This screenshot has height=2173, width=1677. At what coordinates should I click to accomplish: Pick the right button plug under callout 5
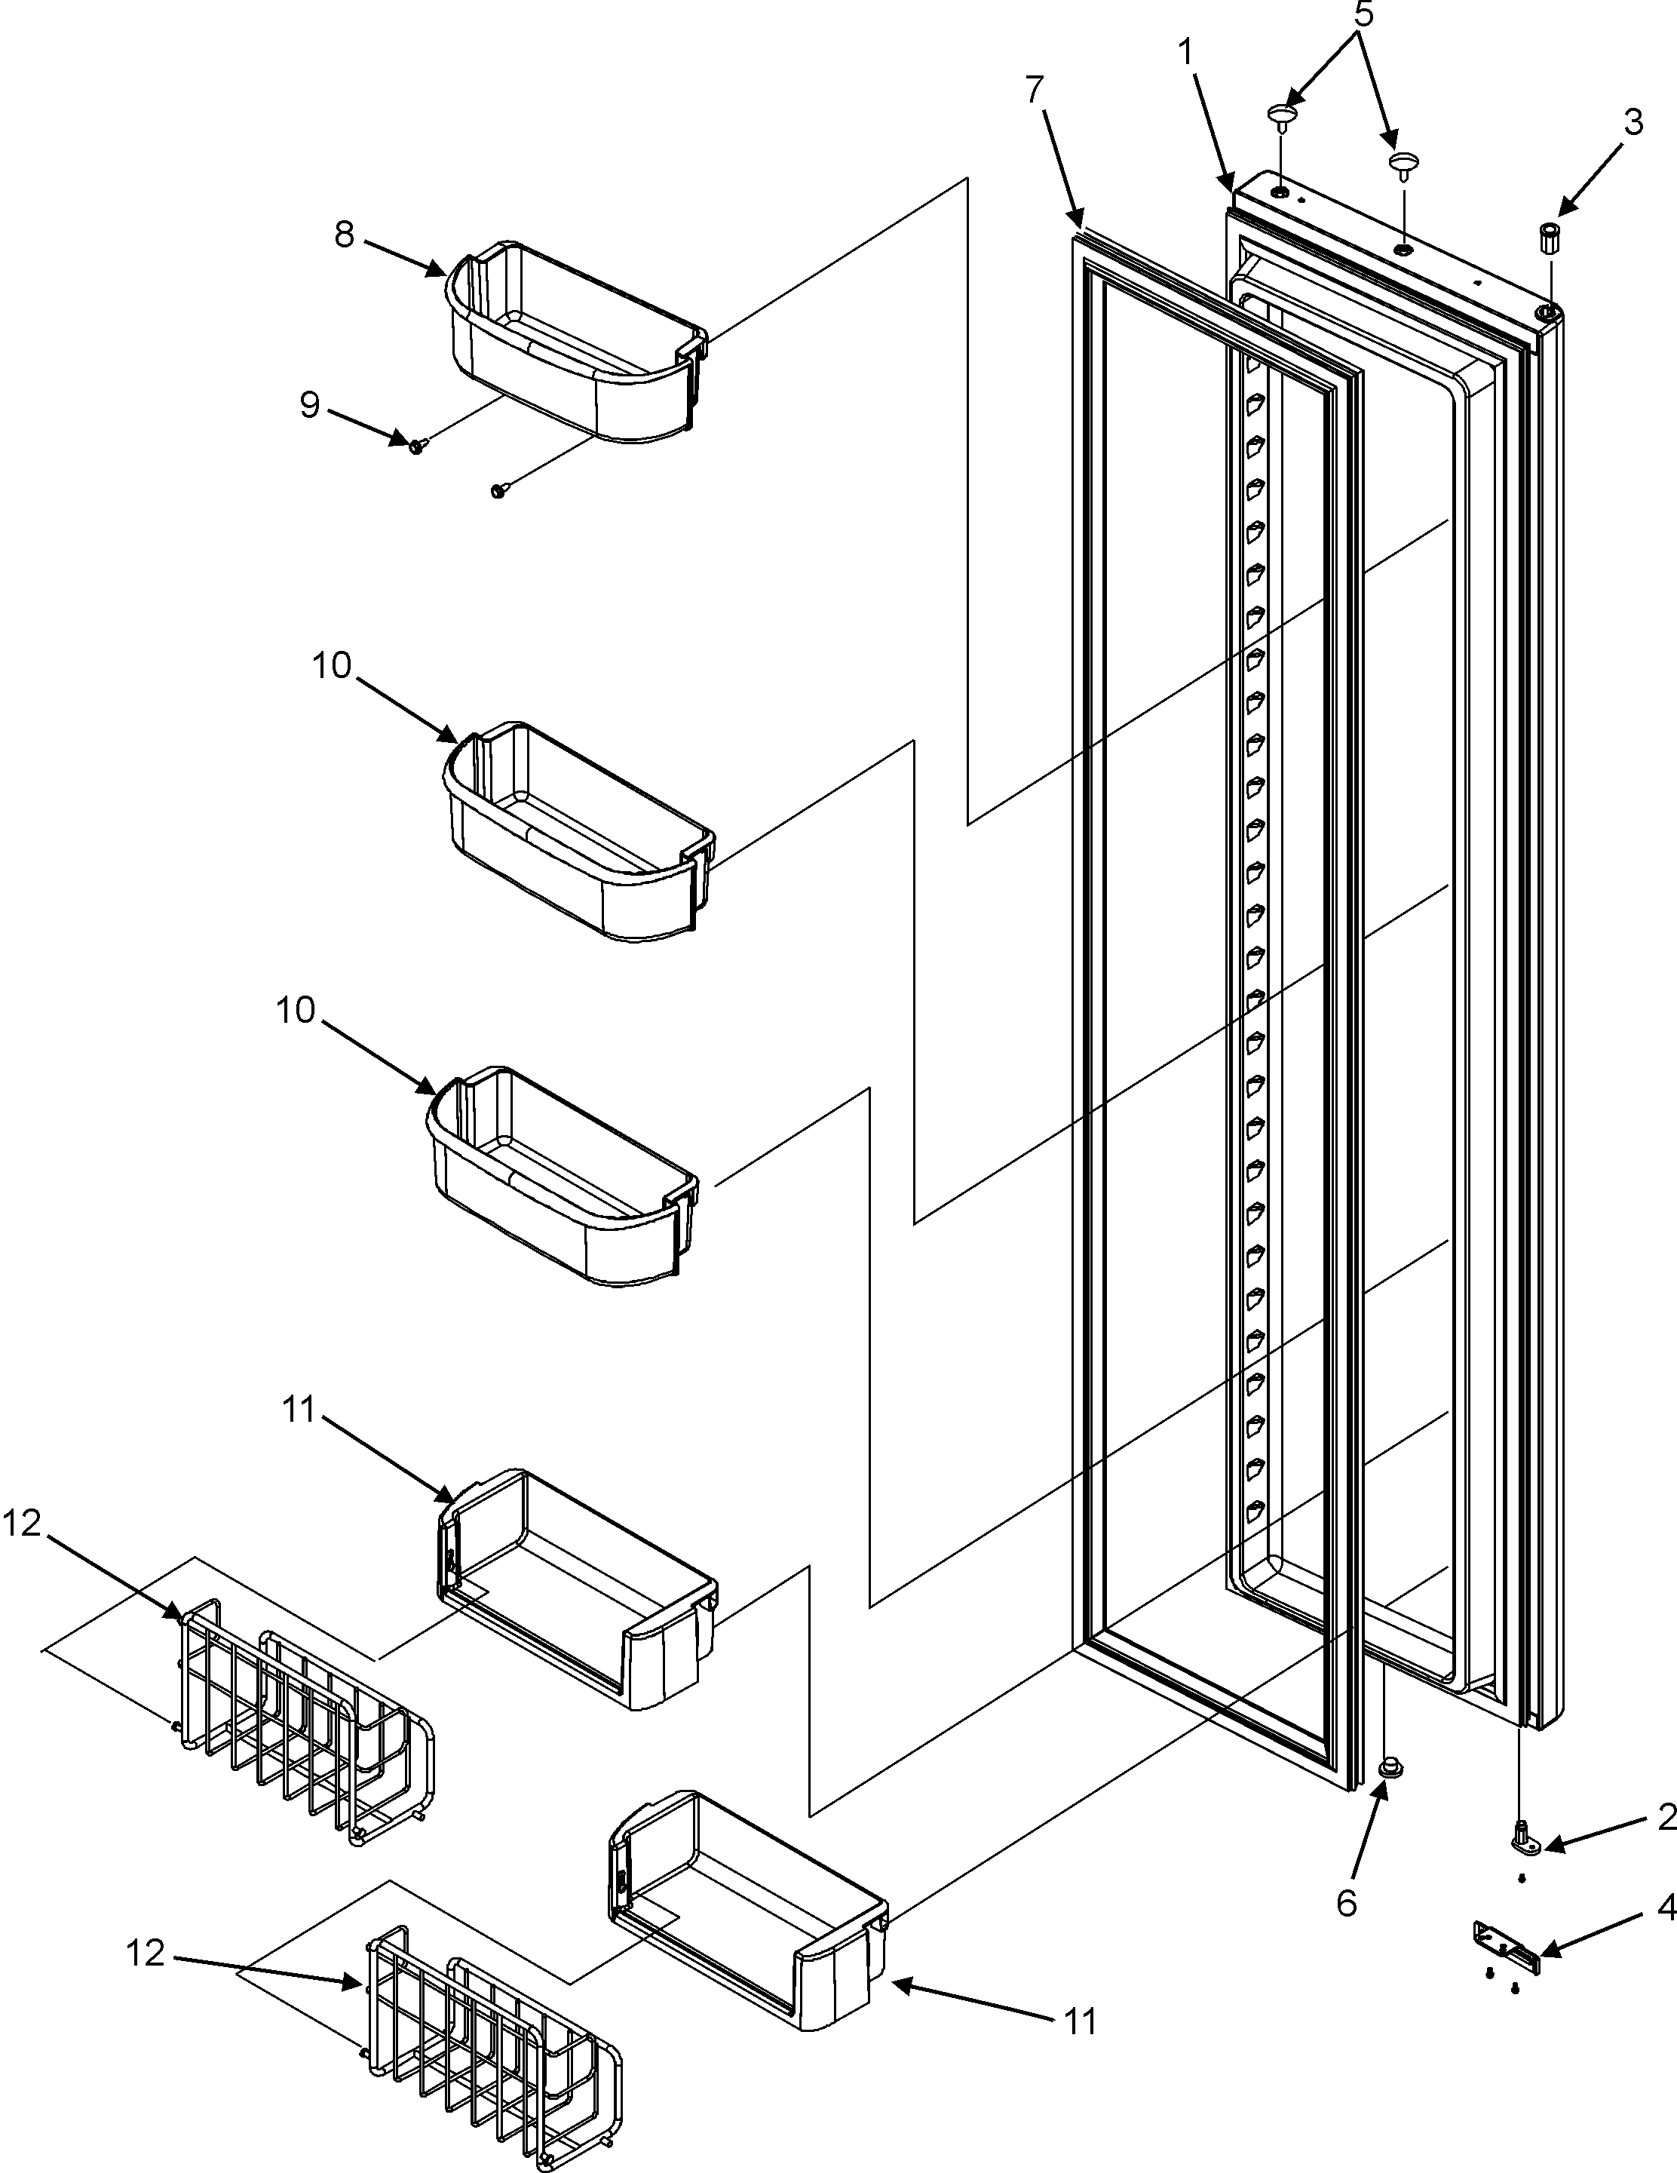[x=1403, y=165]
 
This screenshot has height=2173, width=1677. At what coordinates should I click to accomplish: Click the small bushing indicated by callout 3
[x=1548, y=239]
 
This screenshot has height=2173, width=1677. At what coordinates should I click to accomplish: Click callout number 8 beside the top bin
[x=344, y=235]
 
